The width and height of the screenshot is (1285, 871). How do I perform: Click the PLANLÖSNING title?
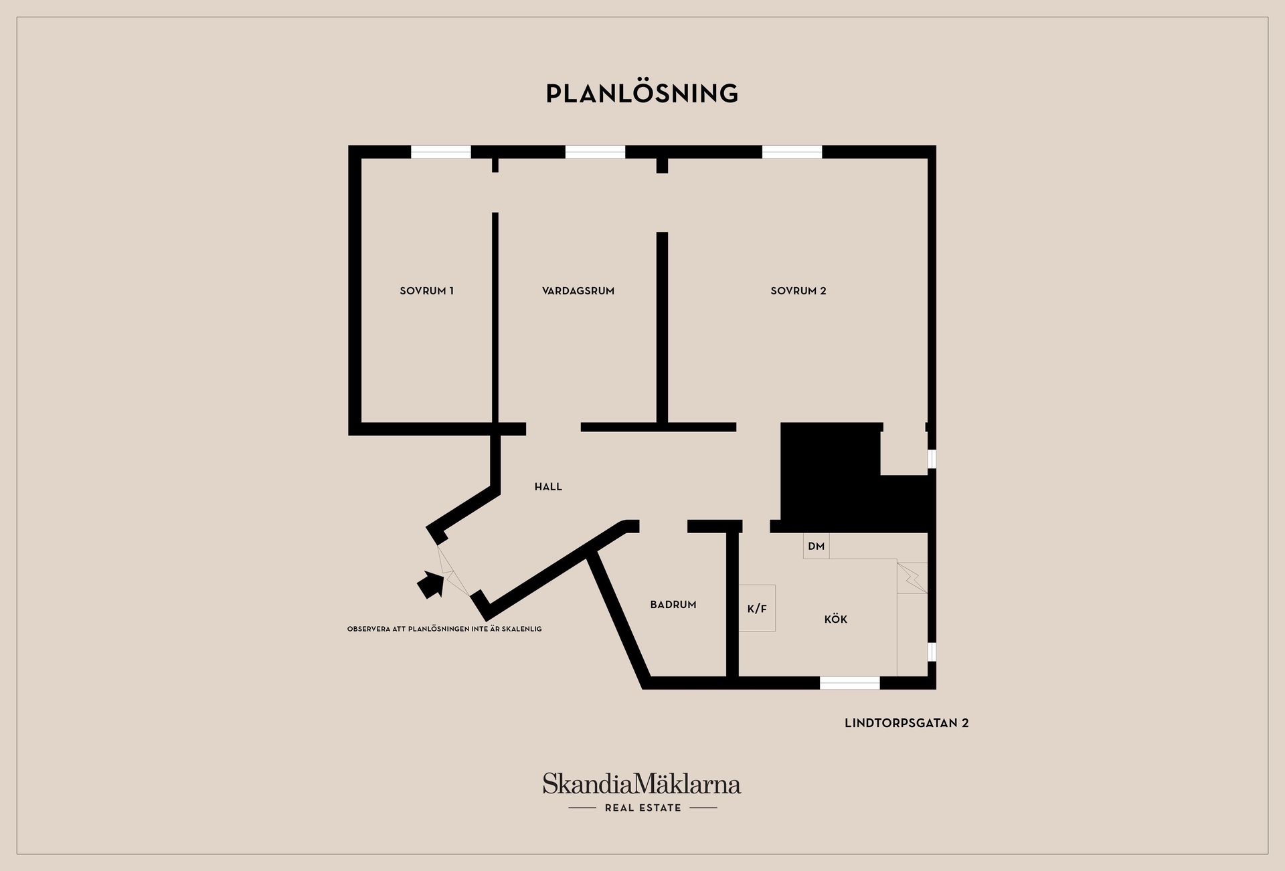coord(642,94)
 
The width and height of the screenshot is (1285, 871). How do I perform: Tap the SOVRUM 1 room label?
coord(427,291)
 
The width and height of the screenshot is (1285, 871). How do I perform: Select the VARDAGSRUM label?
coord(578,291)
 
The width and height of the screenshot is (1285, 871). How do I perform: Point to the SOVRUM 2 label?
coord(798,291)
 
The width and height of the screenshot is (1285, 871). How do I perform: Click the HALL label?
coord(548,487)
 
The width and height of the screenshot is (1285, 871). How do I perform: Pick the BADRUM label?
coord(673,605)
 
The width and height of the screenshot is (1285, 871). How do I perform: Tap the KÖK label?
coord(836,619)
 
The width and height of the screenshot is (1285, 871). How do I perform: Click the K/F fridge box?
coord(757,608)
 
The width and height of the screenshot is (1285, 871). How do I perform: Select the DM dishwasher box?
coord(816,546)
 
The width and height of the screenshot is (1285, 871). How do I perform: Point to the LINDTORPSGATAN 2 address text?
coord(907,723)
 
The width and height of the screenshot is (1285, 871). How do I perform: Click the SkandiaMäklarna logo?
coord(642,784)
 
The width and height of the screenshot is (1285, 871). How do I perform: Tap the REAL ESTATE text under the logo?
coord(643,808)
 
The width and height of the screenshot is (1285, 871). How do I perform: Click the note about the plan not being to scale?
coord(444,630)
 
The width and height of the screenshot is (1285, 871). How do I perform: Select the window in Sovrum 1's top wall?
coord(441,152)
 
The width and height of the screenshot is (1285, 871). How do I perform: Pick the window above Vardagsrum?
coord(596,152)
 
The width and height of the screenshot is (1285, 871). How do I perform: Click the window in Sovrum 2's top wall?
coord(792,152)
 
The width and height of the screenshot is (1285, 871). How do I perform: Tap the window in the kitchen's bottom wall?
coord(850,683)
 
